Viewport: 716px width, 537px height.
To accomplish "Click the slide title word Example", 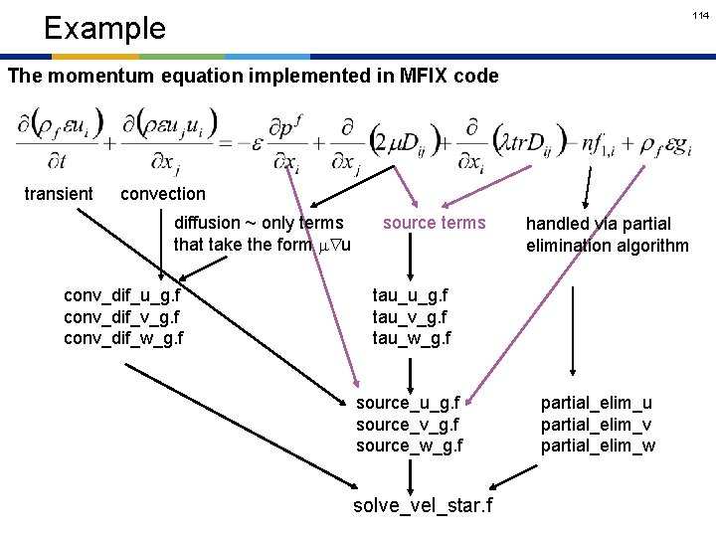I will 104,28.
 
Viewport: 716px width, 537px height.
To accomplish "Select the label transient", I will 59,194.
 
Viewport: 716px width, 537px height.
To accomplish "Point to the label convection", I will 162,194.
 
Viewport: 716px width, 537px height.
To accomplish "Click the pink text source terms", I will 435,223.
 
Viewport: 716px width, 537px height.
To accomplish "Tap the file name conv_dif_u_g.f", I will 122,295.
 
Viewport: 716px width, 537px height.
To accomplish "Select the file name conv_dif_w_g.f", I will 123,338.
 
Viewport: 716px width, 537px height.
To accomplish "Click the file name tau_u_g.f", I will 411,295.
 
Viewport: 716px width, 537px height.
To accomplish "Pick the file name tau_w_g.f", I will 412,338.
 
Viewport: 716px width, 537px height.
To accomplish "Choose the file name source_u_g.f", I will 408,403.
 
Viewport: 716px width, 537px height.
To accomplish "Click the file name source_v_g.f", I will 408,425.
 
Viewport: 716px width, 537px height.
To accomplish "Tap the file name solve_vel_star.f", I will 423,506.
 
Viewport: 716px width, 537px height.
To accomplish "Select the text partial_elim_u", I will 597,403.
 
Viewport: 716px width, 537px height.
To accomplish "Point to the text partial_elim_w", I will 598,446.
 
